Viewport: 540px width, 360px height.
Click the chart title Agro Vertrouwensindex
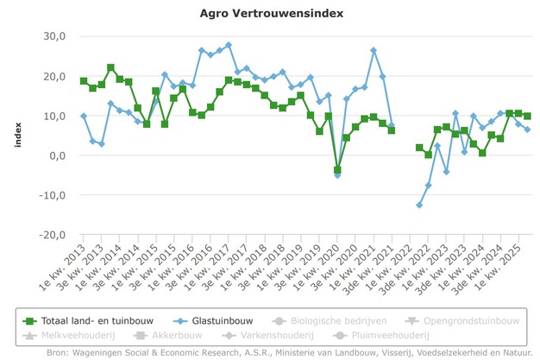[269, 14]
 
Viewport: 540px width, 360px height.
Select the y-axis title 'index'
[18, 136]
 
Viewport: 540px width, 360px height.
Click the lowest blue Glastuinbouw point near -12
[419, 205]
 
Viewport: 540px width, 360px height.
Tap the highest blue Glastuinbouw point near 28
[229, 45]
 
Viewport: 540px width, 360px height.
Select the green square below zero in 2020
[337, 170]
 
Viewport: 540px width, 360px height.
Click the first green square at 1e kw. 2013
[84, 81]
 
